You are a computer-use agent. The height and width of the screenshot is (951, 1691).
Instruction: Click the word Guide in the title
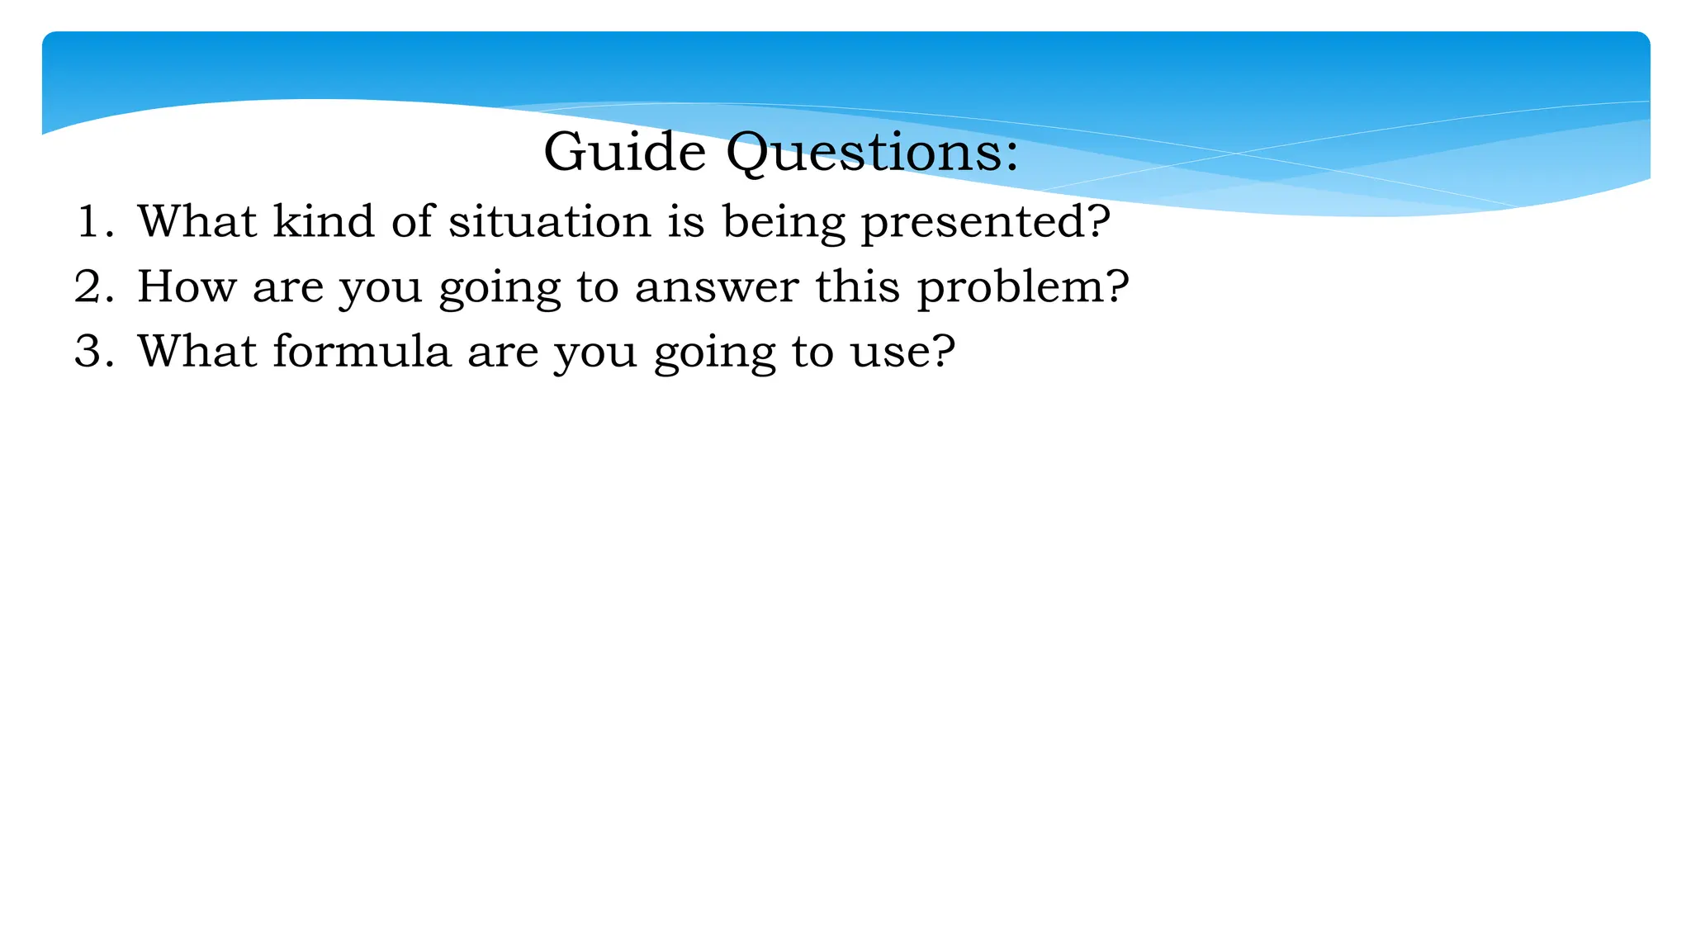coord(624,152)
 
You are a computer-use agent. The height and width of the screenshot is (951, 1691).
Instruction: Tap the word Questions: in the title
coord(872,154)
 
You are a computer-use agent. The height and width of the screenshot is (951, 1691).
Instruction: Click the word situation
coord(549,221)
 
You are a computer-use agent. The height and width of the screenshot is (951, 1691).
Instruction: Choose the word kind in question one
coord(324,221)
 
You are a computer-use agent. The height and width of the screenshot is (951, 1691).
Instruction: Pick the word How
coord(186,286)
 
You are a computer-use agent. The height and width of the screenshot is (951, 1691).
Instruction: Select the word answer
coord(717,288)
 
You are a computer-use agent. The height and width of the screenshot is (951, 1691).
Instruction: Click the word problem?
coord(1022,288)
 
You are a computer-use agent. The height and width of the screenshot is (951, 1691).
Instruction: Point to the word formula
coord(362,351)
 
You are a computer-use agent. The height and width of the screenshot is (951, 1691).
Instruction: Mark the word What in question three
coord(197,351)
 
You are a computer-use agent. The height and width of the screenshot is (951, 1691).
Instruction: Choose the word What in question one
coord(197,221)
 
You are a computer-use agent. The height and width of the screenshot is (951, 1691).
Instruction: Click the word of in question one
coord(412,221)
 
